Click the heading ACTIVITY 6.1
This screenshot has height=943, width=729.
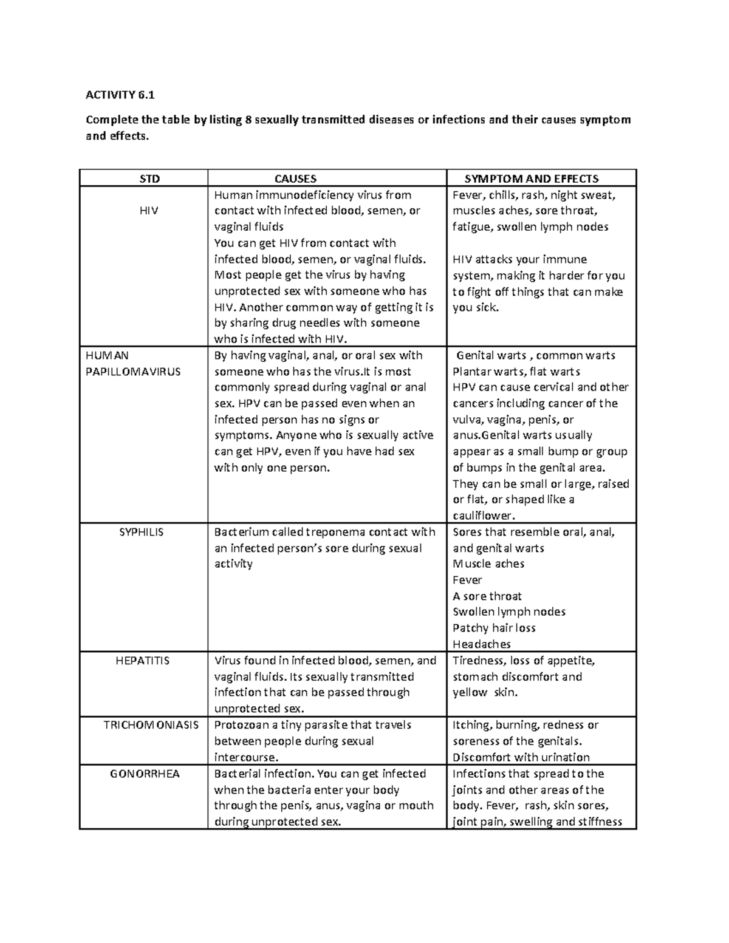pyautogui.click(x=120, y=95)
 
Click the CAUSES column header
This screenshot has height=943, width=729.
pyautogui.click(x=295, y=179)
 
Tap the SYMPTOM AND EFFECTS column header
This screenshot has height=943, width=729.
pyautogui.click(x=532, y=179)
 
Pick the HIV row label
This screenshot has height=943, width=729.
pyautogui.click(x=148, y=211)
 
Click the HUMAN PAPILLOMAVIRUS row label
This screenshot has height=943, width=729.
pyautogui.click(x=133, y=364)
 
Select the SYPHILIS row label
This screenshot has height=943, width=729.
pyautogui.click(x=142, y=532)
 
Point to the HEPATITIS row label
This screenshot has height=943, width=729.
pyautogui.click(x=143, y=661)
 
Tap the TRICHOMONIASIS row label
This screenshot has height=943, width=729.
pyautogui.click(x=151, y=725)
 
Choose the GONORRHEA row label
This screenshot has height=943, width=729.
pyautogui.click(x=145, y=774)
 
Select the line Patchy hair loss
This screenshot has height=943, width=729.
pyautogui.click(x=494, y=628)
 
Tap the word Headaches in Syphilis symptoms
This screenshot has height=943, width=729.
pyautogui.click(x=482, y=644)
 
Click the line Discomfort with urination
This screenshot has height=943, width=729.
pyautogui.click(x=521, y=757)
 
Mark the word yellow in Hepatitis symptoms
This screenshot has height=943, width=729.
pyautogui.click(x=470, y=693)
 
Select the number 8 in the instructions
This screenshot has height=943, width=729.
pyautogui.click(x=248, y=120)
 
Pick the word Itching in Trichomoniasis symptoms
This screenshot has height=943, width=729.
pyautogui.click(x=471, y=725)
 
